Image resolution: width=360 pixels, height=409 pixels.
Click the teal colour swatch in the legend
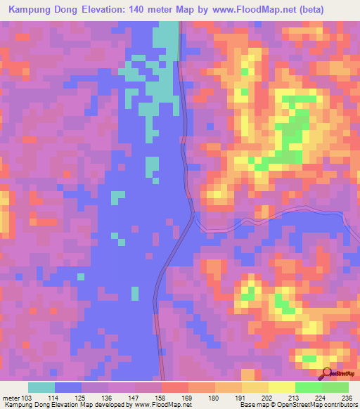coord(41,387)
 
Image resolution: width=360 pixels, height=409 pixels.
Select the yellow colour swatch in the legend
coord(281,387)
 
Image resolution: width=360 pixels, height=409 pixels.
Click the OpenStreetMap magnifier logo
coord(325,374)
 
